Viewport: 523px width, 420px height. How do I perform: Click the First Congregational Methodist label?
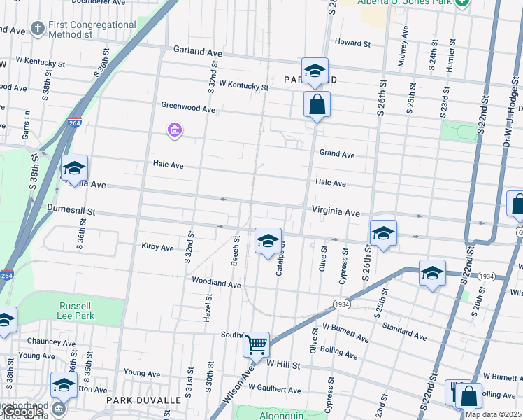[x=92, y=29]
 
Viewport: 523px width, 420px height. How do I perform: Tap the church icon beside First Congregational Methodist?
[x=38, y=29]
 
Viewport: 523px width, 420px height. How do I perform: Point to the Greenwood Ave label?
[x=188, y=108]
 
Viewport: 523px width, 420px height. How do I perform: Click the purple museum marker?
[x=175, y=130]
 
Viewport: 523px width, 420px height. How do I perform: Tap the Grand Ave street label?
[x=337, y=154]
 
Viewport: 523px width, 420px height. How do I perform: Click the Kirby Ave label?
[x=157, y=247]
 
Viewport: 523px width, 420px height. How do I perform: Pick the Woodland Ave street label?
[x=217, y=283]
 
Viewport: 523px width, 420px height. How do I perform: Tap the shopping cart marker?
[x=257, y=344]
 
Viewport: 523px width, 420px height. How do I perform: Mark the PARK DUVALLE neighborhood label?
[x=144, y=400]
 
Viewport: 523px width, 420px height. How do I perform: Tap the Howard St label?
[x=352, y=43]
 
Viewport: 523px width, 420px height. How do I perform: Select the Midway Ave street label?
[x=403, y=46]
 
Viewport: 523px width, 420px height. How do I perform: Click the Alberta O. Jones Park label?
[x=404, y=2]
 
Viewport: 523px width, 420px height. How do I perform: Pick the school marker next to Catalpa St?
[x=267, y=241]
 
